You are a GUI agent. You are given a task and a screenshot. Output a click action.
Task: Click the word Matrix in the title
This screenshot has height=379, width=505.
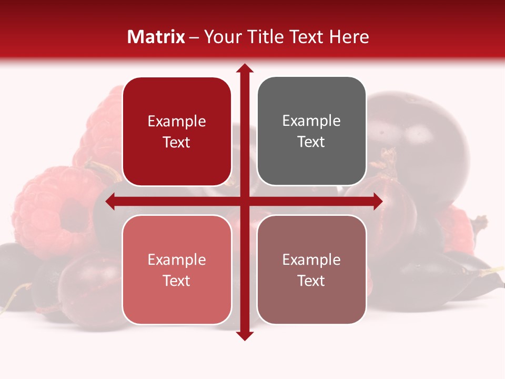(156, 37)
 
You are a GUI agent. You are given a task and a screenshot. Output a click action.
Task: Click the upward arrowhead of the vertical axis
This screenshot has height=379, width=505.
(245, 68)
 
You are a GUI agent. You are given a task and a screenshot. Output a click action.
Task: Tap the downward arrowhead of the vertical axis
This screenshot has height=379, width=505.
(245, 335)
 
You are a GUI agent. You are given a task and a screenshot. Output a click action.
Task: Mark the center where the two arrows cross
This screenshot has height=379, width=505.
(245, 201)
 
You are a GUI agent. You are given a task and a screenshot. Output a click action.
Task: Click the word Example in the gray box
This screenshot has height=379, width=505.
(311, 121)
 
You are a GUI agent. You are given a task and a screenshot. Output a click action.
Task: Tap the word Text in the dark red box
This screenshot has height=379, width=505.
(177, 143)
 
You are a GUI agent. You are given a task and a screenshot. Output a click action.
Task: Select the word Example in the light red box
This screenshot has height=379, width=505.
(177, 260)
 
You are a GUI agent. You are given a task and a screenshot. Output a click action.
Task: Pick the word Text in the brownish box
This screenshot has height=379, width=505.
(311, 281)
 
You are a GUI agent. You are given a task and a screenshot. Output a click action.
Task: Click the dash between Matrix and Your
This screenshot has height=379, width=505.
(195, 37)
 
